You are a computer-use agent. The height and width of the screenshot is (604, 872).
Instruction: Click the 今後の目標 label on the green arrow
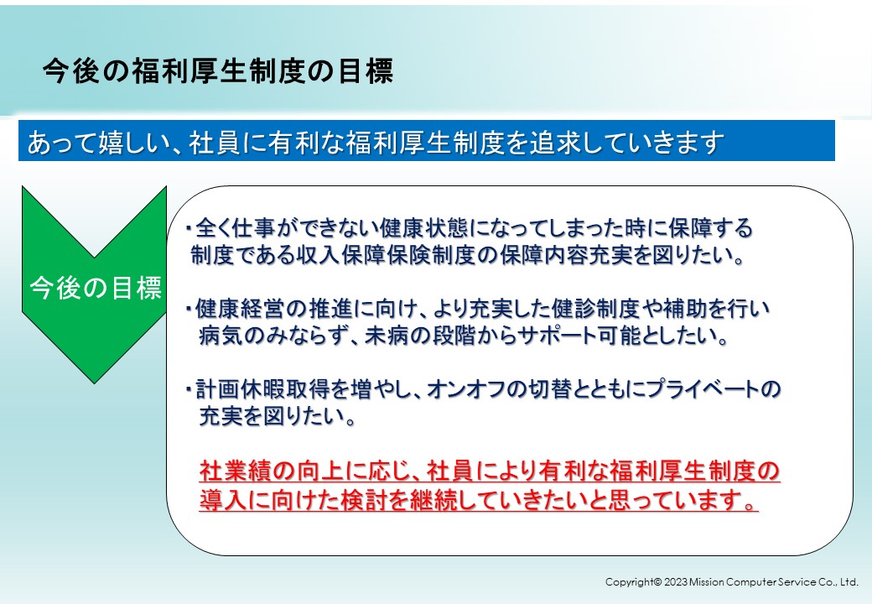coord(95,288)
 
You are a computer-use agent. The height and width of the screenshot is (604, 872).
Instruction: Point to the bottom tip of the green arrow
coord(95,383)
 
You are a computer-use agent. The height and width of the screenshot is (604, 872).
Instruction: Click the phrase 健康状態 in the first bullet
coord(423,228)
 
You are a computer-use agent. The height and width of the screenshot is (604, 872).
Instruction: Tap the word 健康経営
coord(241,308)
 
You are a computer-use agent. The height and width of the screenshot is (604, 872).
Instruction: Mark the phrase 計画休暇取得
coord(262,389)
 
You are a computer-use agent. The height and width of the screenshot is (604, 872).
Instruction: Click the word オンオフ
coord(460,389)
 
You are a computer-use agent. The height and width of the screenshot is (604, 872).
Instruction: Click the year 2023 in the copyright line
coord(676,582)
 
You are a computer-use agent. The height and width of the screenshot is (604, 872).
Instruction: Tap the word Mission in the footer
coord(706,582)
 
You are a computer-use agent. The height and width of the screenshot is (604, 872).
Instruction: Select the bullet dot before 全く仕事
coord(189,227)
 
